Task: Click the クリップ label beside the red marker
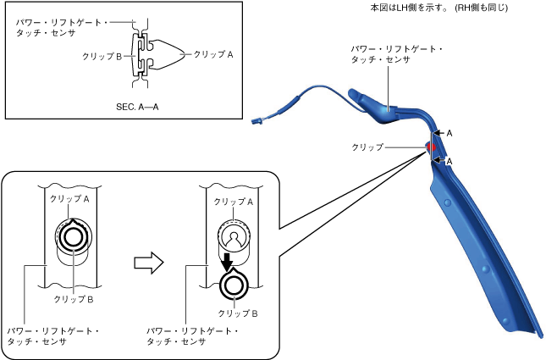tap(367, 147)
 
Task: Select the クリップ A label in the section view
tap(214, 53)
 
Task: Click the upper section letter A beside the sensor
tap(449, 133)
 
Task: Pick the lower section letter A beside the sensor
tap(449, 161)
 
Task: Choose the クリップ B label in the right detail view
tap(244, 313)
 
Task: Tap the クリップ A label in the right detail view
tap(233, 202)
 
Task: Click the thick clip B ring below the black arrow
tap(231, 285)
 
